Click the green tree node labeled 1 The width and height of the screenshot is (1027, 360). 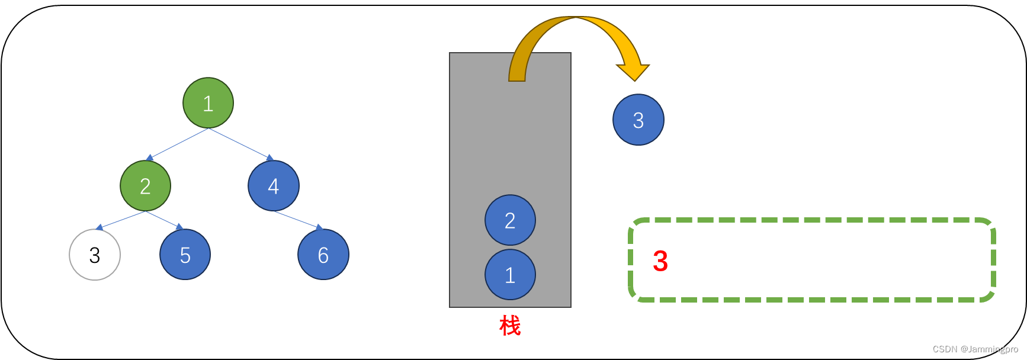tap(208, 103)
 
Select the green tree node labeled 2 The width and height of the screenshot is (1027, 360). tap(145, 186)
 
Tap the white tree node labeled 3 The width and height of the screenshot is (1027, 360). tap(95, 255)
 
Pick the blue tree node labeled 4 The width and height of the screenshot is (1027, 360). tap(274, 186)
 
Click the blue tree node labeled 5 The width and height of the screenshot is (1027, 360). tap(185, 255)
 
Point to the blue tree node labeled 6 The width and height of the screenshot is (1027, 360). tap(323, 255)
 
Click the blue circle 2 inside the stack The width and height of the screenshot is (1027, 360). tap(510, 220)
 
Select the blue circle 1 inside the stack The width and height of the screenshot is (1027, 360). tap(510, 275)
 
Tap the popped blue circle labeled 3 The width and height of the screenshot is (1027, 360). tap(638, 120)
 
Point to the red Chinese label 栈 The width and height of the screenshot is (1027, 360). tap(510, 325)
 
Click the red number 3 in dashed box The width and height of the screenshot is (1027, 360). tap(660, 261)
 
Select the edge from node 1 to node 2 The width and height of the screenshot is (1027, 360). tap(178, 143)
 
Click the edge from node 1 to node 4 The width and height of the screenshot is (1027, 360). tap(240, 143)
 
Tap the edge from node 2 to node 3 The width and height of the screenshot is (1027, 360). tap(121, 220)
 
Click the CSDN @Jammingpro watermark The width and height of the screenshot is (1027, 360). tap(975, 349)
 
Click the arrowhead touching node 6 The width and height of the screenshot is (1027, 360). tap(319, 227)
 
